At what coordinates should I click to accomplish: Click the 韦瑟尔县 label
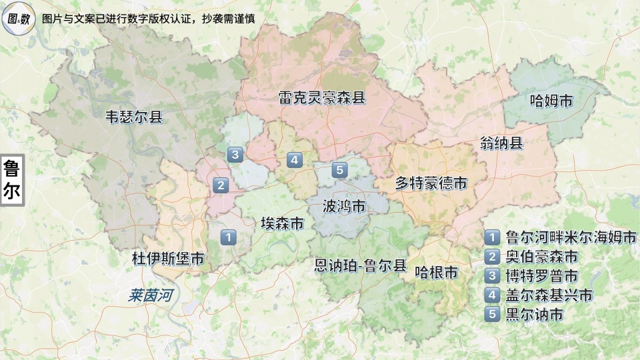[x=134, y=117]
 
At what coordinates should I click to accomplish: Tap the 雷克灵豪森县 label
[x=322, y=99]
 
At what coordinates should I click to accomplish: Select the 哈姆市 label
[x=551, y=101]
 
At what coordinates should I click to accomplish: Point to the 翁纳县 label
[x=501, y=143]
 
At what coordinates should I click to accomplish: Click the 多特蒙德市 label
[x=431, y=183]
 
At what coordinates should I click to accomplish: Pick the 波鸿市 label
[x=343, y=205]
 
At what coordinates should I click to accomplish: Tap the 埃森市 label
[x=282, y=223]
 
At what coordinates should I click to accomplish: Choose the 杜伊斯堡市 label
[x=168, y=259]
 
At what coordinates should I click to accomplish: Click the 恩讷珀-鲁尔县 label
[x=360, y=266]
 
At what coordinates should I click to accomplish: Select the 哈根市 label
[x=436, y=272]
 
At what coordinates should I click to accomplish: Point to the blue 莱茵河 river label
[x=151, y=294]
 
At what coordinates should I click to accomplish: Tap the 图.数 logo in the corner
[x=19, y=18]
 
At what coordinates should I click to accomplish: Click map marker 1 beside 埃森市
[x=228, y=237]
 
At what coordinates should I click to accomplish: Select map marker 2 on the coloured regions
[x=220, y=185]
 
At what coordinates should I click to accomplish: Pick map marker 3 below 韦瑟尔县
[x=234, y=155]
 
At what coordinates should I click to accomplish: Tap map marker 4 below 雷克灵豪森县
[x=294, y=160]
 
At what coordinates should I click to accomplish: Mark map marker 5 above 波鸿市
[x=340, y=171]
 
